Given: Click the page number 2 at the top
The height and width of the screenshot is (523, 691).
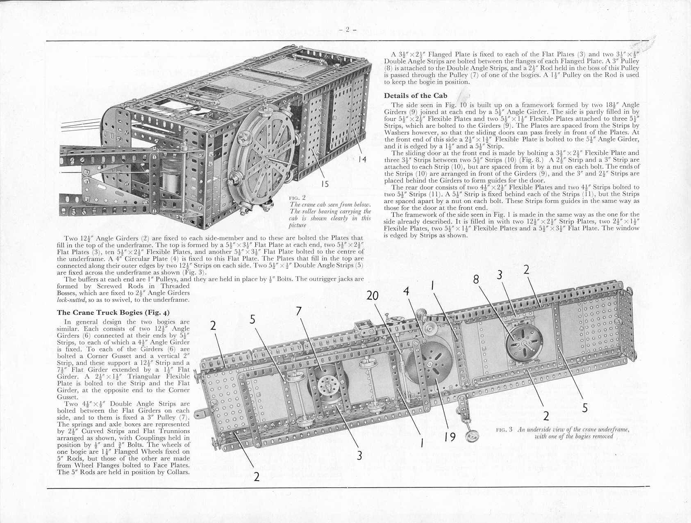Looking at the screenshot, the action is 347,30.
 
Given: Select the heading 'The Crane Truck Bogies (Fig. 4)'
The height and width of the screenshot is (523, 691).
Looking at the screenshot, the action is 113,313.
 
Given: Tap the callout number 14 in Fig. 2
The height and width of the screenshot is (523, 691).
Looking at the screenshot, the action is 361,159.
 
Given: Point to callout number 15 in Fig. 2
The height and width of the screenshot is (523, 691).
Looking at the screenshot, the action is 325,184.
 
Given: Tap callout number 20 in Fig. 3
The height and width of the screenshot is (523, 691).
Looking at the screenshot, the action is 373,295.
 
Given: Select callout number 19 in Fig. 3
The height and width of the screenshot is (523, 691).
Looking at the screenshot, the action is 450,437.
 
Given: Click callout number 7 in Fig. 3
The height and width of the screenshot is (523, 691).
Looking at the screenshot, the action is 299,312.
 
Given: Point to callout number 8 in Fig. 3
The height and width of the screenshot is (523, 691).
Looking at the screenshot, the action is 476,279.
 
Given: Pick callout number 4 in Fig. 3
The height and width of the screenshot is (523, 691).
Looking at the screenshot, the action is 406,291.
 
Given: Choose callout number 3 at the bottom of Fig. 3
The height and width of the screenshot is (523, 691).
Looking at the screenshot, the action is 359,455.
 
